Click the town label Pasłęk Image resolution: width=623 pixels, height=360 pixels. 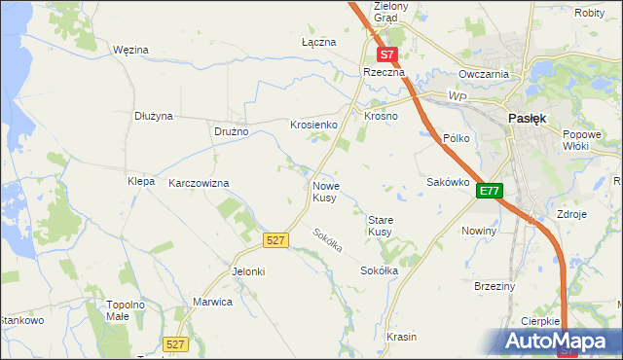[528, 117]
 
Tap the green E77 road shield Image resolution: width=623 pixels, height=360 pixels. [489, 192]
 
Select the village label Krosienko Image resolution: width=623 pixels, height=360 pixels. [313, 125]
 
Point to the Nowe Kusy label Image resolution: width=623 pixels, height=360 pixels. [326, 191]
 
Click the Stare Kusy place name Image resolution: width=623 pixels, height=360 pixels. [380, 226]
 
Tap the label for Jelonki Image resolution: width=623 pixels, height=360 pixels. [247, 271]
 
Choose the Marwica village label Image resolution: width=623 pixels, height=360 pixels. [213, 302]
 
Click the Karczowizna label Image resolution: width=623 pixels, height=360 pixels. [199, 183]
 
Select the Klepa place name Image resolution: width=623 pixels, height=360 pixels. [141, 181]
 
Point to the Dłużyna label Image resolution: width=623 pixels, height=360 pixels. [154, 116]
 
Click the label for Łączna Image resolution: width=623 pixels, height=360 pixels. [318, 43]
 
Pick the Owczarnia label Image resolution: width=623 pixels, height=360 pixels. [485, 74]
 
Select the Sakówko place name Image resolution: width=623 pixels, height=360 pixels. [449, 182]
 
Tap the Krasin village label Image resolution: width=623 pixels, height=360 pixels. [401, 337]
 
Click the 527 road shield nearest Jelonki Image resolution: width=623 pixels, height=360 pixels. [275, 239]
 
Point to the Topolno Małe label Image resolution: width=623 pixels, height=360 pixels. [126, 310]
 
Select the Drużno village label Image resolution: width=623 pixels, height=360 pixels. [232, 131]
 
